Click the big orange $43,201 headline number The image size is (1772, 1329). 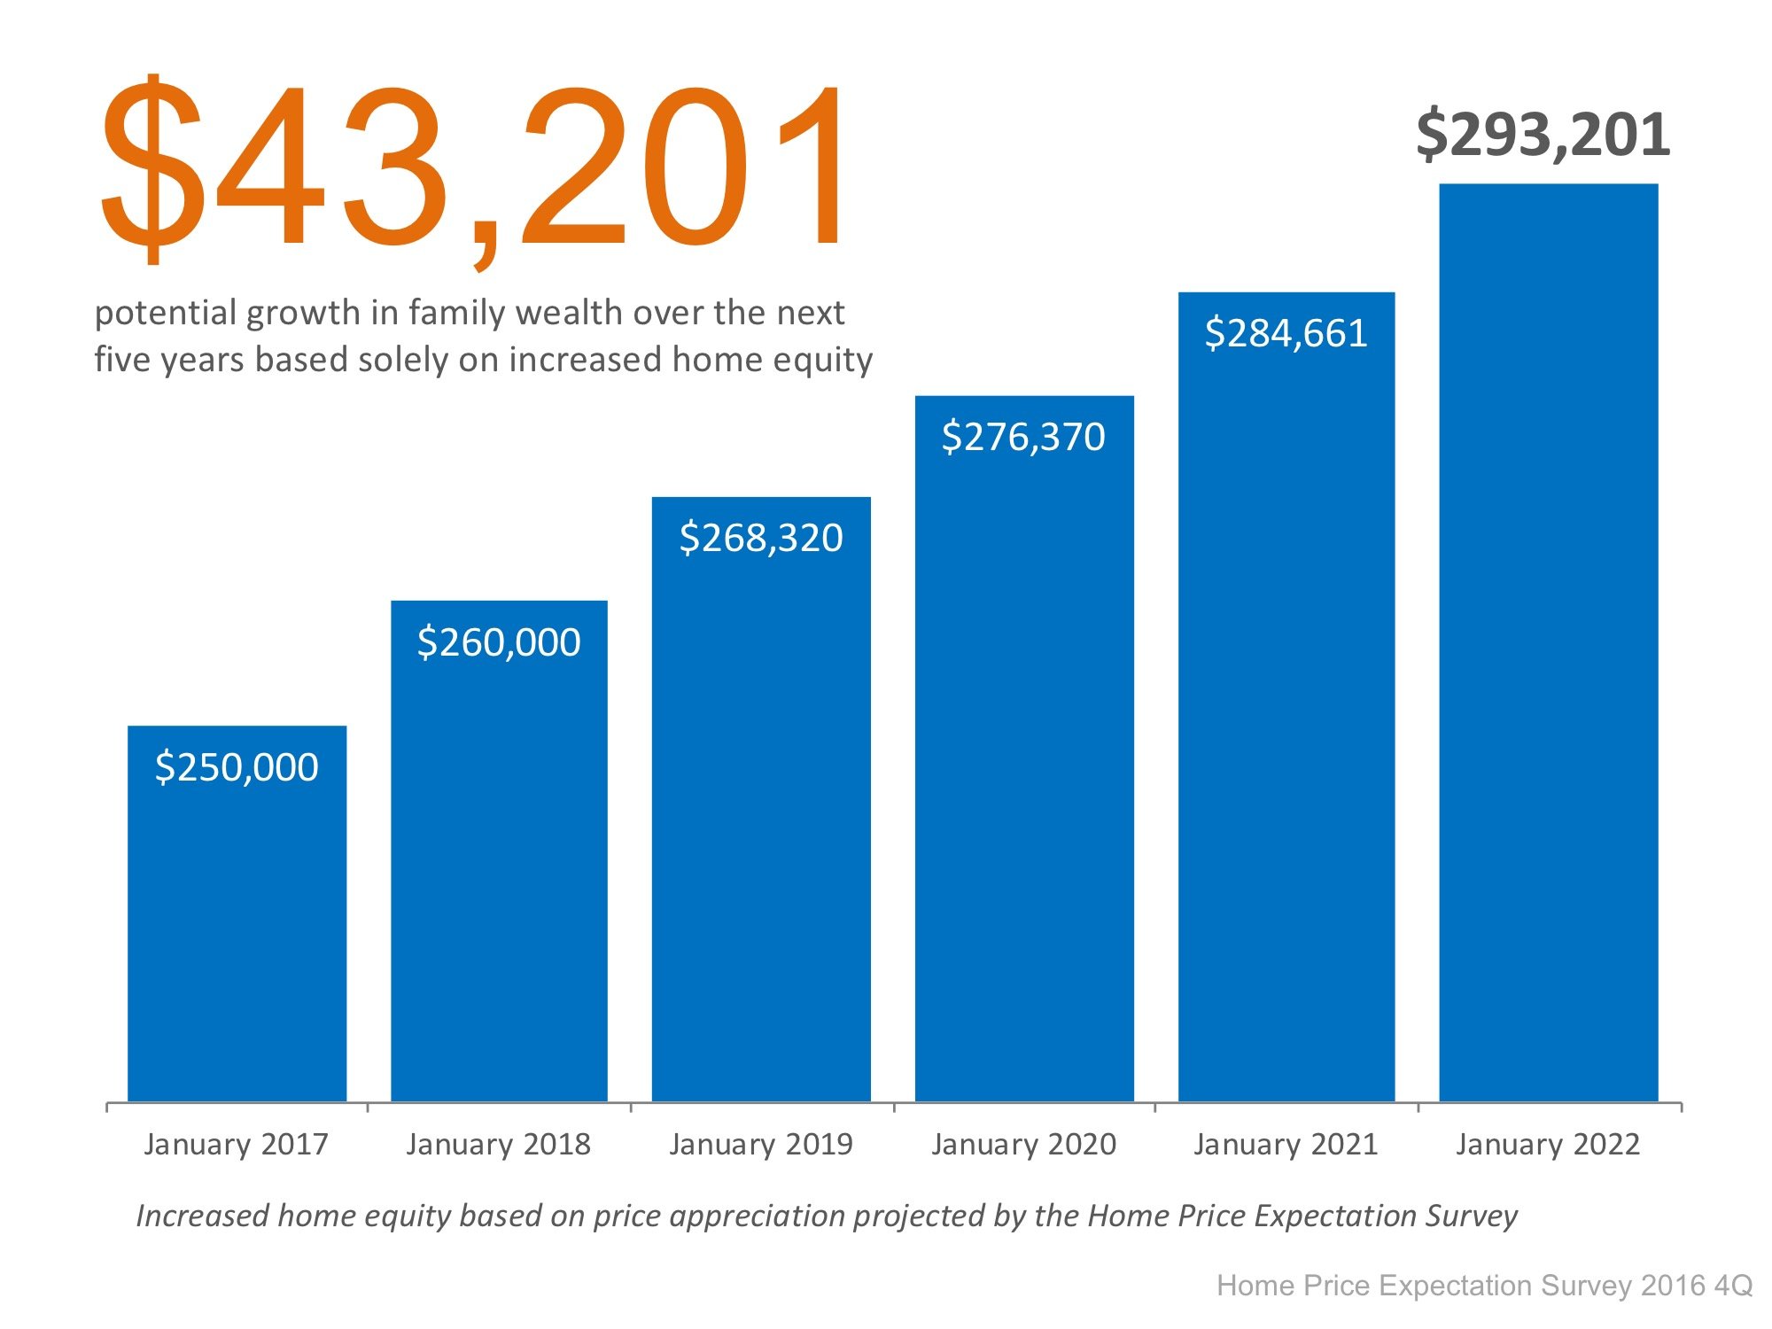coord(474,168)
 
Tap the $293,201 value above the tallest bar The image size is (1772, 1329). coord(1543,136)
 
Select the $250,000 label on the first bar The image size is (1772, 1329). coord(237,767)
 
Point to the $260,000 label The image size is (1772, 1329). coord(499,642)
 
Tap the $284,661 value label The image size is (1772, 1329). coord(1286,334)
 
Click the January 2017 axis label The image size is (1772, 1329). coord(236,1144)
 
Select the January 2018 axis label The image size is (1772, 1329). coord(498,1144)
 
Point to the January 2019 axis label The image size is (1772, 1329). coord(761,1144)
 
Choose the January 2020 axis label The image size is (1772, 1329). coord(1023,1144)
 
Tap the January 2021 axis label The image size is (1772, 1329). coord(1286,1144)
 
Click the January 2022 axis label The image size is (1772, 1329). coord(1548,1144)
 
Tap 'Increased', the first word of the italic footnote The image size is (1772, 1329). coord(202,1216)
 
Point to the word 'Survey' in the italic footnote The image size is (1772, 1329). coord(1471,1216)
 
